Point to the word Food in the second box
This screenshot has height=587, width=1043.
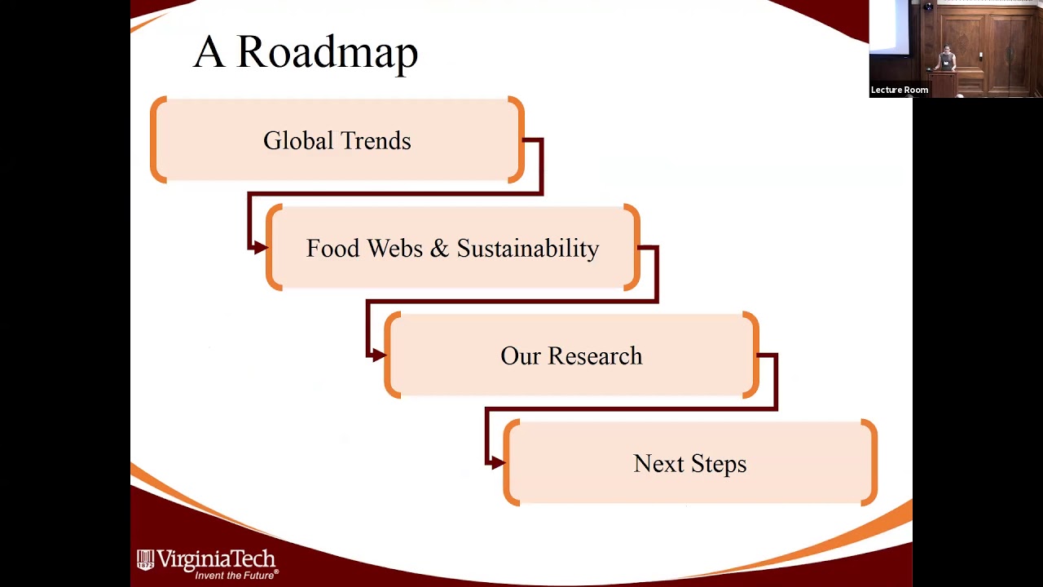332,249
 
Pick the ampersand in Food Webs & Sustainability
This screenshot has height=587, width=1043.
439,249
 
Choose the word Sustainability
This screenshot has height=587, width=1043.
527,249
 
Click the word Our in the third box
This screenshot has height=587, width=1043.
519,356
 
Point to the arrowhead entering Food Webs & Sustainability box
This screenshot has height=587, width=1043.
259,247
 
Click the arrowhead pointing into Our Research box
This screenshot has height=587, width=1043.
377,355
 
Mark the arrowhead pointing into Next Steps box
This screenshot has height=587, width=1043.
496,462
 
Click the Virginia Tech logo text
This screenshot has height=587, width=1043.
216,559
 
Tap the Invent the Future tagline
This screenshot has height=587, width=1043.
235,575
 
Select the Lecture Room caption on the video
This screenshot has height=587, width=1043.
899,90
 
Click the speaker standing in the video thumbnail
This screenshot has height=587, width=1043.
946,60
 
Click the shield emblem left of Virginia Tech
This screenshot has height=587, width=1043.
145,559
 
